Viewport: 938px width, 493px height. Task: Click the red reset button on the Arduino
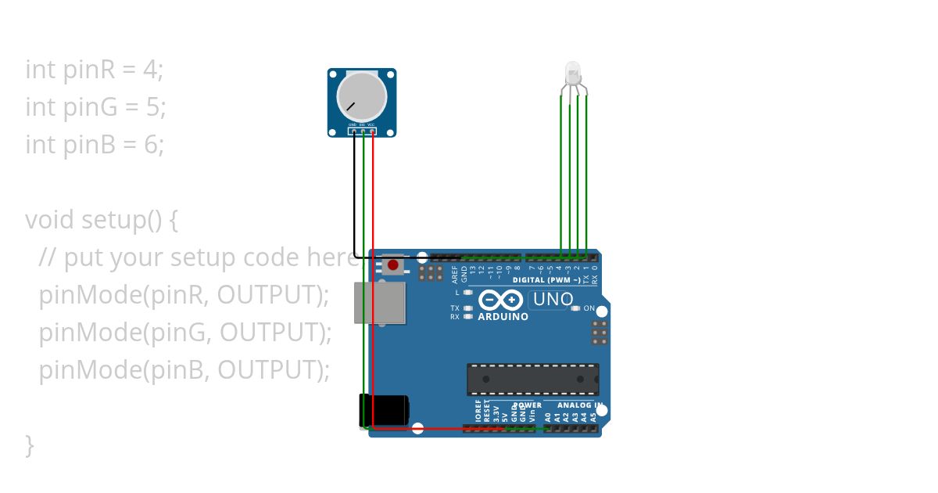click(x=392, y=265)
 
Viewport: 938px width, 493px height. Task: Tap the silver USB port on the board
click(x=380, y=303)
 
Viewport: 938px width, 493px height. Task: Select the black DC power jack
click(x=384, y=410)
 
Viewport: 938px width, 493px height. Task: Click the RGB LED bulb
click(x=573, y=74)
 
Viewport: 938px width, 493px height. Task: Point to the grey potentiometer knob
click(x=362, y=96)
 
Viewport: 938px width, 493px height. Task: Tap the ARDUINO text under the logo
click(x=503, y=317)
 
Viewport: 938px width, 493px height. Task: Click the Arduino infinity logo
click(x=501, y=300)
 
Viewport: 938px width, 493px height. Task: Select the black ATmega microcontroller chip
click(x=533, y=379)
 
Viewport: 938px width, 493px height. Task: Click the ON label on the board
click(x=589, y=308)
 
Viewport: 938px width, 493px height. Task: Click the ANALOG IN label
click(x=579, y=405)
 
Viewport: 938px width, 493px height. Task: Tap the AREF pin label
click(x=455, y=273)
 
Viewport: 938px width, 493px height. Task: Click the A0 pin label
click(x=548, y=417)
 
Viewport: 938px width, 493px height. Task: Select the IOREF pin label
click(x=478, y=412)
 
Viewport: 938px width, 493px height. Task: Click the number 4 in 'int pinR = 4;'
click(x=150, y=70)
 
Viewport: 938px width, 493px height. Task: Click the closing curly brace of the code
click(x=30, y=445)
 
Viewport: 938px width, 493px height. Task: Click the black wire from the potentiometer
click(x=355, y=196)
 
